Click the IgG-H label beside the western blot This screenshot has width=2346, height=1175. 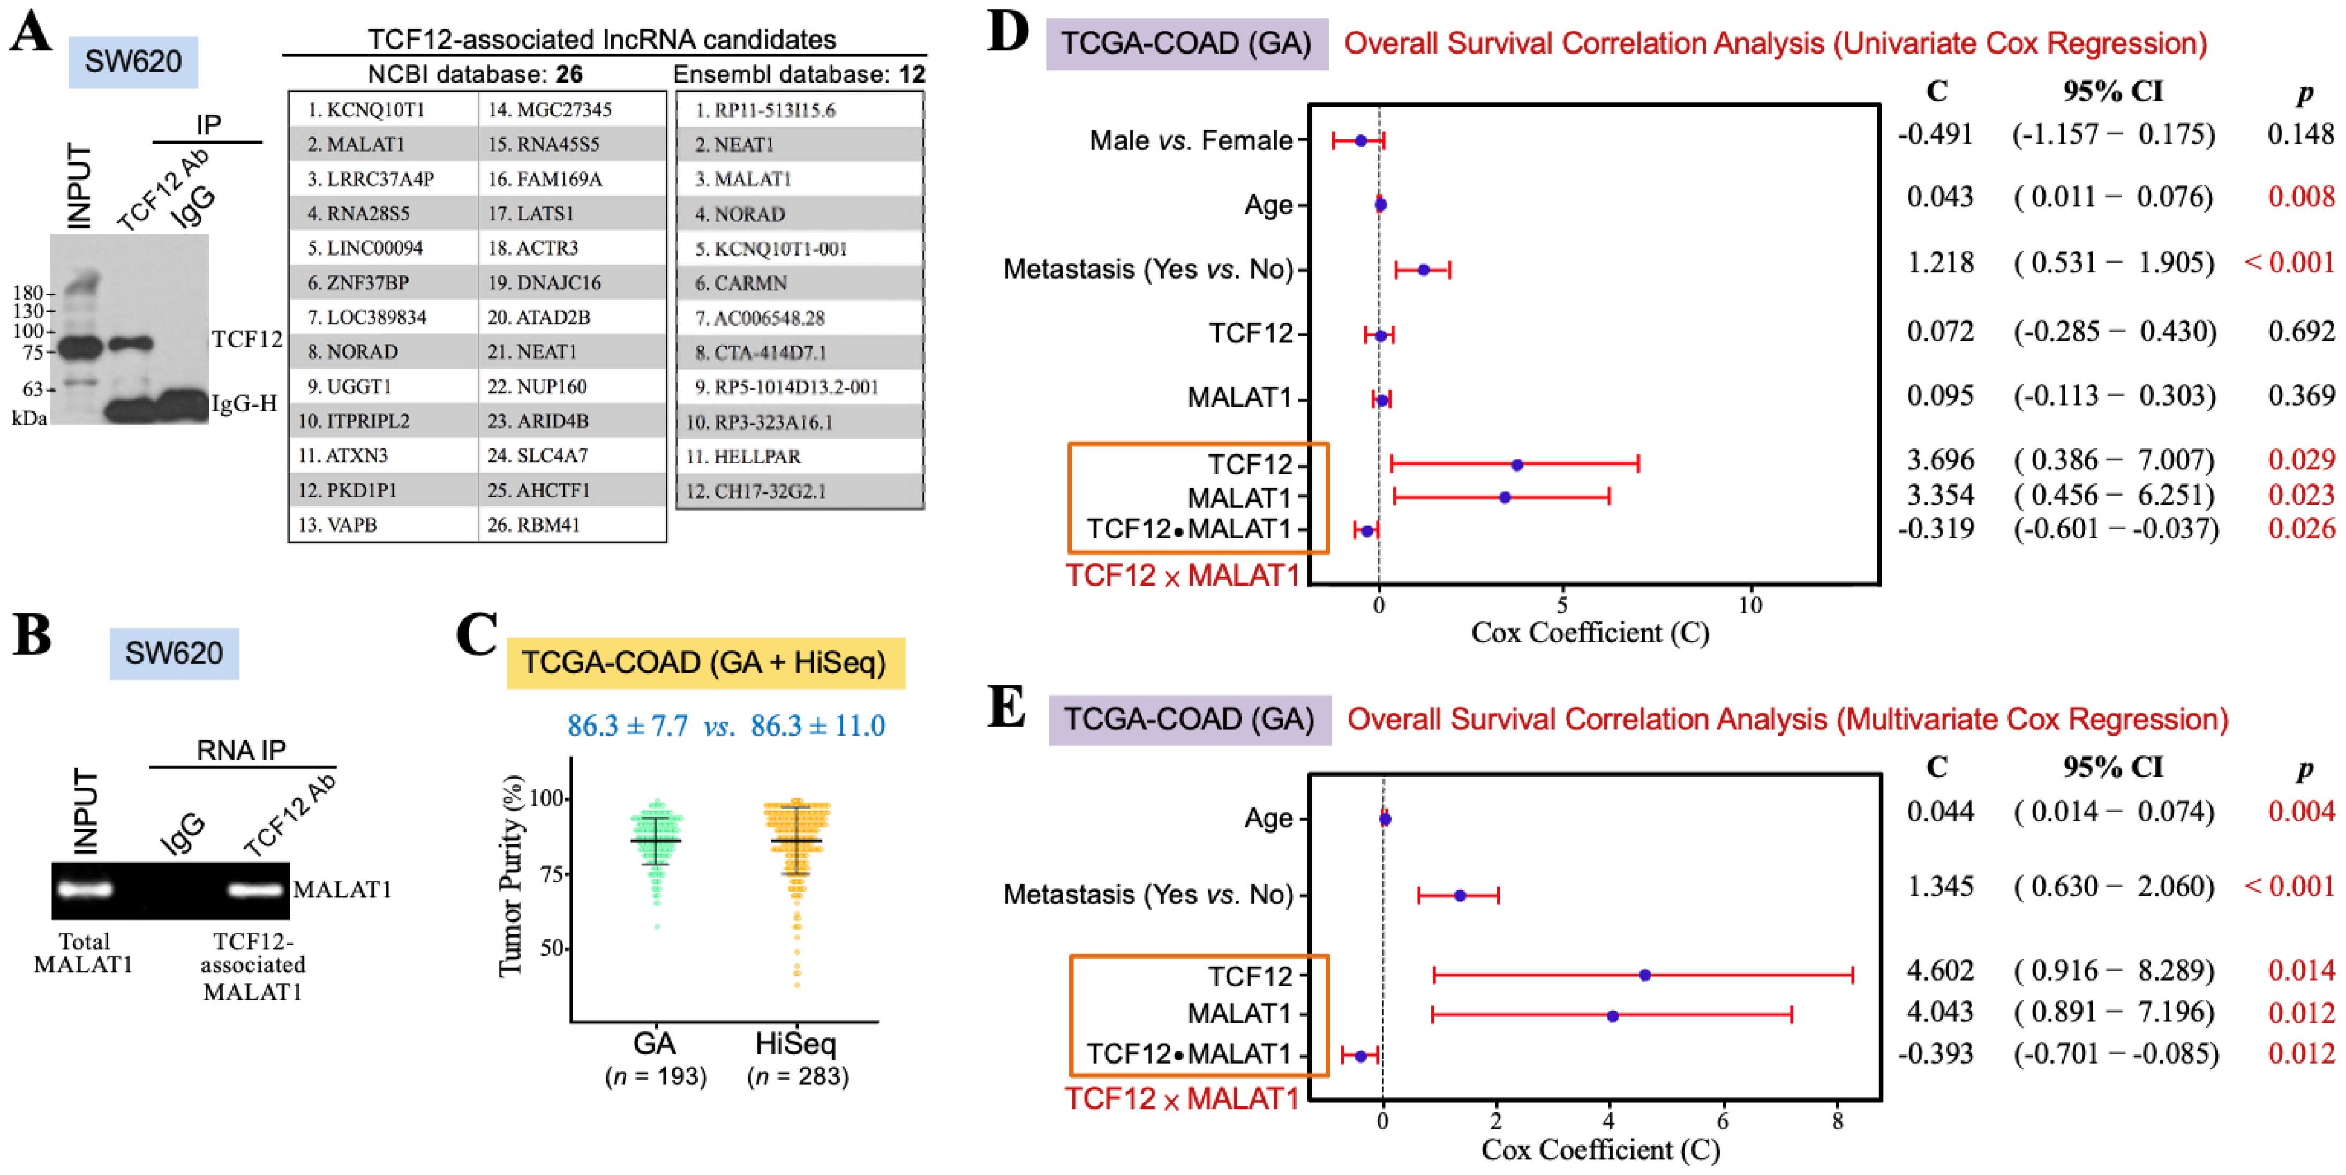click(244, 403)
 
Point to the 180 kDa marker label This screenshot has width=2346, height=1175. click(27, 293)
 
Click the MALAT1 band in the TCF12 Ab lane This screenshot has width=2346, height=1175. click(256, 889)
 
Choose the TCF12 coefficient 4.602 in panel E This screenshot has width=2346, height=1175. click(1940, 970)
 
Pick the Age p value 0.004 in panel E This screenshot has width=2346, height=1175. click(2300, 812)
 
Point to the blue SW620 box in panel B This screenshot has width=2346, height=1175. click(174, 653)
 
